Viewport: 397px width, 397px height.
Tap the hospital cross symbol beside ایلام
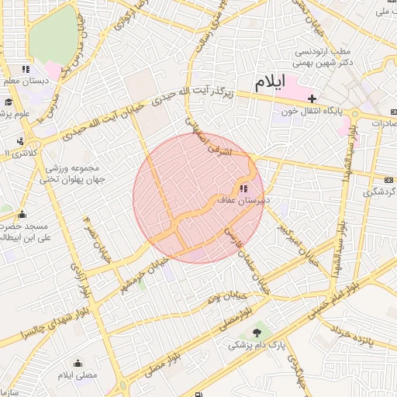point(312,98)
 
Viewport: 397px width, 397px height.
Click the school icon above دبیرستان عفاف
point(243,188)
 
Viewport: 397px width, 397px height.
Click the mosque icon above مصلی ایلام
point(78,363)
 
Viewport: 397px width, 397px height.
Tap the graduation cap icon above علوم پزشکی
point(9,102)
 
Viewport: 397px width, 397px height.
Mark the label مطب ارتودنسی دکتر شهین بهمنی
point(324,57)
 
